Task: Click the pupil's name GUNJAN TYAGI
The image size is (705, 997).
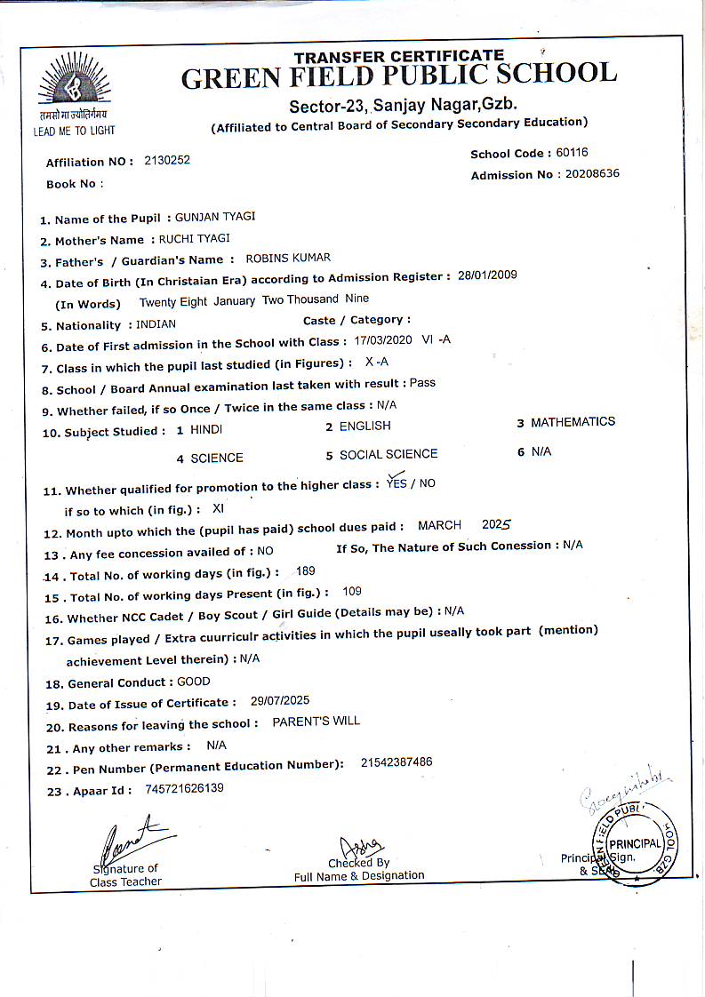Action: click(x=212, y=218)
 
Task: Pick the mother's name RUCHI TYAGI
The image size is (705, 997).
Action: click(x=194, y=238)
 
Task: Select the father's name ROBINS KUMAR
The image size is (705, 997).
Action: click(x=287, y=258)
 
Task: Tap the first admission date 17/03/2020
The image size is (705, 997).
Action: click(x=384, y=340)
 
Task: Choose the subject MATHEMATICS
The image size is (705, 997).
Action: click(x=573, y=422)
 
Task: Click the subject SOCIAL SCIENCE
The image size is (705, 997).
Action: click(x=389, y=454)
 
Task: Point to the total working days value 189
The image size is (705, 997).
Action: click(x=305, y=570)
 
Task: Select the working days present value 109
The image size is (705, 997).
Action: click(x=351, y=591)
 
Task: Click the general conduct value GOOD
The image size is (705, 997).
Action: click(x=194, y=682)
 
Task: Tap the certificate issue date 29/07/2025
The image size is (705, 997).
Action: click(x=280, y=700)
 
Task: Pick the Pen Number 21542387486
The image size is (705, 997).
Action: click(x=397, y=762)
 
